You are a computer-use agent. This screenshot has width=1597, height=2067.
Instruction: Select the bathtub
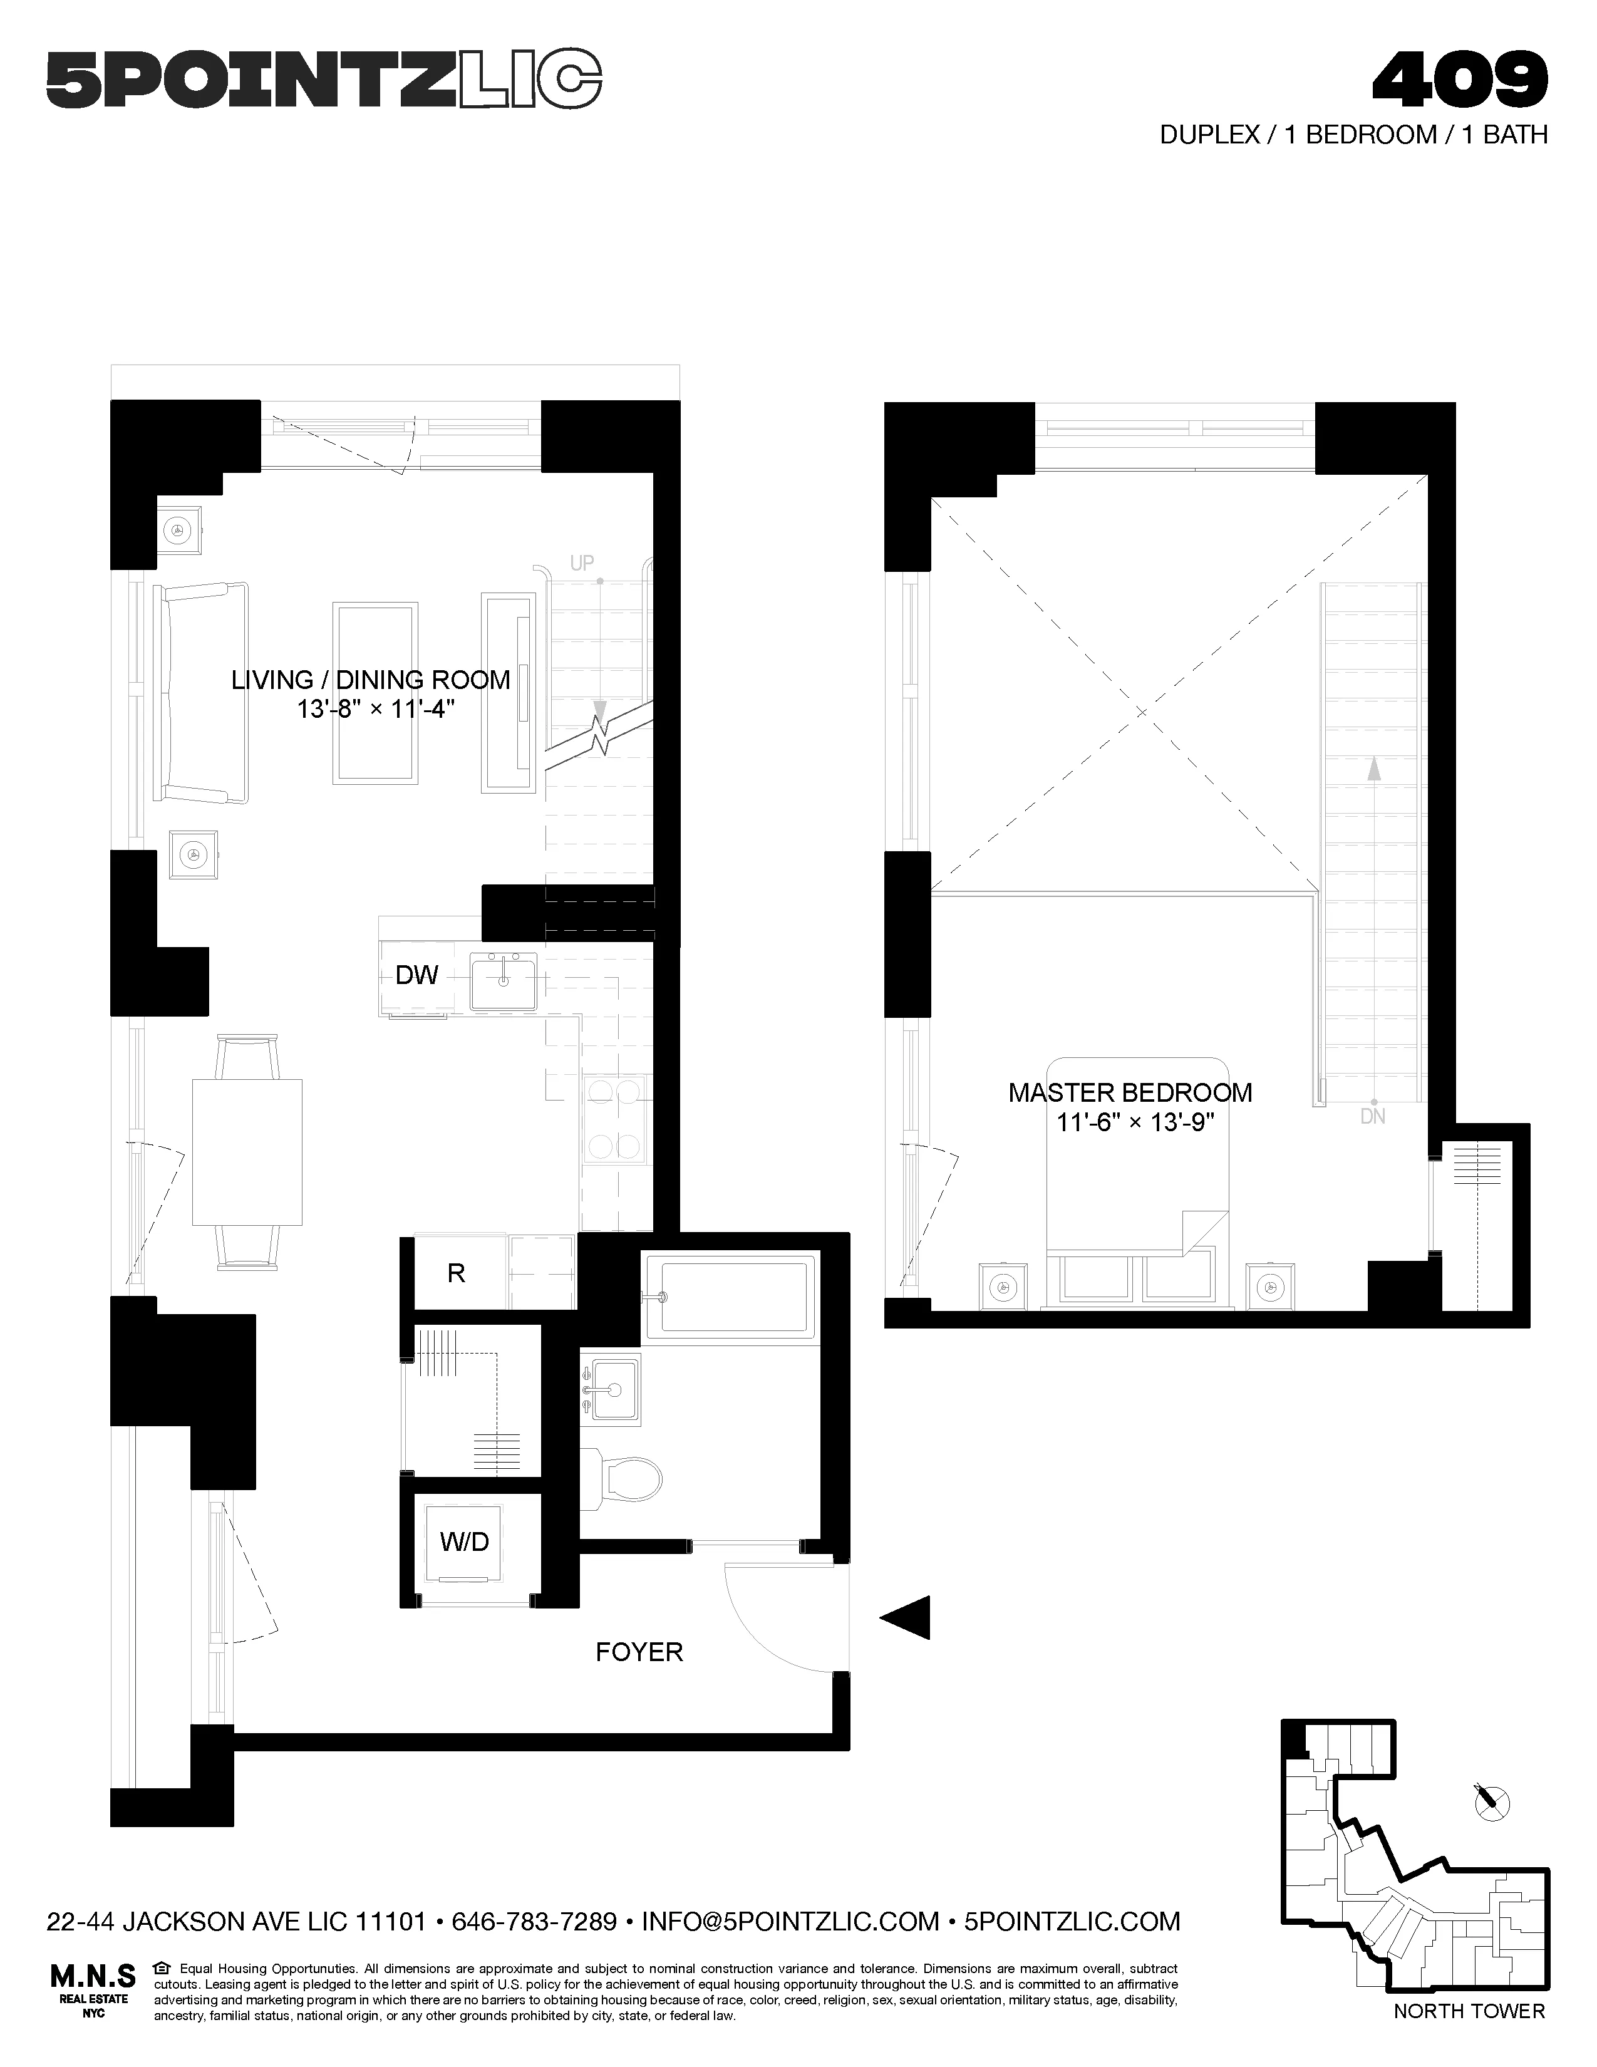click(730, 1296)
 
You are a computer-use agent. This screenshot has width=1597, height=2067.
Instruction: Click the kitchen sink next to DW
click(504, 982)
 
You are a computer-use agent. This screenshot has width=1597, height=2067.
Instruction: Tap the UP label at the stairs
click(582, 563)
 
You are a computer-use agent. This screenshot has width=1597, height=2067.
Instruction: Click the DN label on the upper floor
click(1373, 1117)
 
